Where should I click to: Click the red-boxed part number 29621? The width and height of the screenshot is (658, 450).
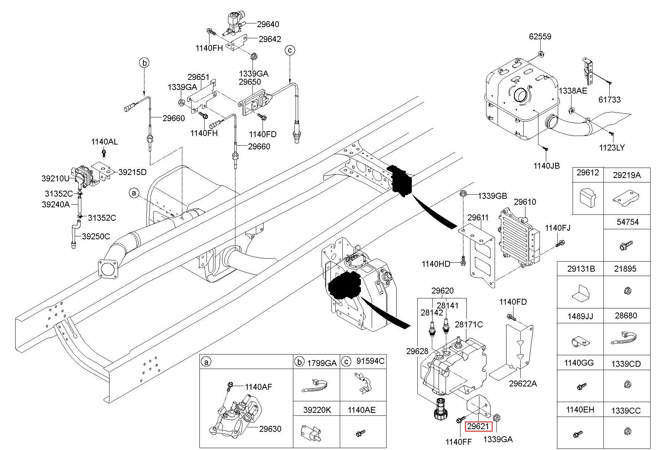pos(478,427)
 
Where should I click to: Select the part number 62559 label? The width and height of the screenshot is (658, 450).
pos(540,36)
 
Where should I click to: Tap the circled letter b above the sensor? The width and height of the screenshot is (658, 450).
pos(145,63)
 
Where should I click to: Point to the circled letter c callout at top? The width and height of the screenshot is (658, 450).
pos(290,50)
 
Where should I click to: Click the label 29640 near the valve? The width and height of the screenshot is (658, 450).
pos(268,24)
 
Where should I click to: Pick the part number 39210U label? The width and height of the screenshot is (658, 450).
pos(55,178)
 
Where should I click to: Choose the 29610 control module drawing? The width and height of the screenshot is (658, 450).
pos(518,238)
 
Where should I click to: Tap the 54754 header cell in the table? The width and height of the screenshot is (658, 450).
pos(628,222)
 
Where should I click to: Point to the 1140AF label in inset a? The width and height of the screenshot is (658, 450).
pos(258,387)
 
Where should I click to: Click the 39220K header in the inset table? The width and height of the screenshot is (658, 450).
pos(316,410)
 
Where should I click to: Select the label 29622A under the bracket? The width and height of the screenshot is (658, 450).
pos(523,384)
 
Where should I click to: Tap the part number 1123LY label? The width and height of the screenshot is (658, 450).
pos(612,148)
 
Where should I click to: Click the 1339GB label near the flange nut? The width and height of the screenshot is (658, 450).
pos(492,196)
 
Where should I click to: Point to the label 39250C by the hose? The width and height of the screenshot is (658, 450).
pos(96,236)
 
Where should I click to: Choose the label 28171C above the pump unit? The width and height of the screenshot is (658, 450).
pos(469,324)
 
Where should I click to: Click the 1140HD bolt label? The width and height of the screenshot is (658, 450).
pos(436,264)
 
